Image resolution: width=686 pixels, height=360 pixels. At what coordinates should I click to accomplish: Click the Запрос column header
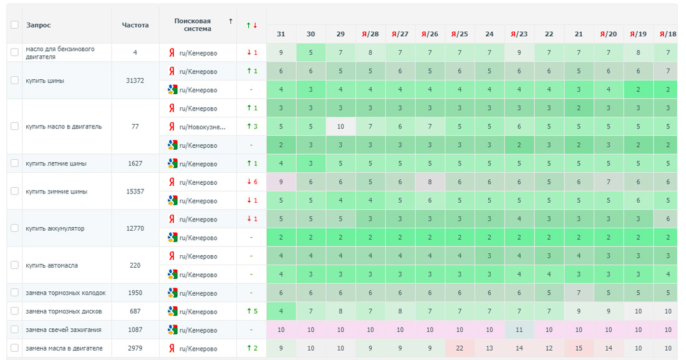click(x=39, y=25)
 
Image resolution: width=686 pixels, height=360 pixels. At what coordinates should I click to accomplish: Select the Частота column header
click(x=135, y=25)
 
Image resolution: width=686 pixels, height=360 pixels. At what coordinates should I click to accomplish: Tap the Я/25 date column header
click(x=460, y=34)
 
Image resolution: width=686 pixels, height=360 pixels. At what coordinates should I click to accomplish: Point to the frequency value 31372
click(x=135, y=80)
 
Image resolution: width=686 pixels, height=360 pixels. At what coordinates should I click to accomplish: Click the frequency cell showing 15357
click(x=135, y=192)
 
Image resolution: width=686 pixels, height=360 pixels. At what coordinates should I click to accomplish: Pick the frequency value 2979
click(x=135, y=348)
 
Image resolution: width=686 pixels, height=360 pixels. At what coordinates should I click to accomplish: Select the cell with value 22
click(x=460, y=348)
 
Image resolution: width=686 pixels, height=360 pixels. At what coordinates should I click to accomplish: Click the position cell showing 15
click(x=579, y=348)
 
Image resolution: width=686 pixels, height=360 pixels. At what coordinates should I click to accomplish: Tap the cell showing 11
click(x=519, y=329)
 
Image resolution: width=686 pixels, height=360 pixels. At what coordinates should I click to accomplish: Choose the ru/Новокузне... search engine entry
click(x=202, y=127)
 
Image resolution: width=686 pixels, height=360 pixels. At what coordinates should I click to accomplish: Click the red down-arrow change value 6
click(x=252, y=182)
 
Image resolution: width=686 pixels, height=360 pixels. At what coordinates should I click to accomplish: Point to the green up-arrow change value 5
click(x=252, y=311)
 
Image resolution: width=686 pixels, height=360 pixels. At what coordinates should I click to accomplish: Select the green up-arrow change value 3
click(x=252, y=127)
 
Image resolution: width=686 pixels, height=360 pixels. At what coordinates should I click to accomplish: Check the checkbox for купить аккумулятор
click(x=15, y=228)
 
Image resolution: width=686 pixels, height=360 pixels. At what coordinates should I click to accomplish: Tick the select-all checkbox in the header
click(x=15, y=25)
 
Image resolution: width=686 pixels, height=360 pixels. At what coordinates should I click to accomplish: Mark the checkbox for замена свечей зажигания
click(x=15, y=329)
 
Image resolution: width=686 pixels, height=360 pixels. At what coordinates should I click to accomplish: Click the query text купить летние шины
click(x=56, y=163)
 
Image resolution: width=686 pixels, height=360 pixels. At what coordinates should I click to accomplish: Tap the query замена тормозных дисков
click(x=64, y=311)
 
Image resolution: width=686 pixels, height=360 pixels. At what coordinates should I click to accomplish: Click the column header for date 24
click(x=490, y=34)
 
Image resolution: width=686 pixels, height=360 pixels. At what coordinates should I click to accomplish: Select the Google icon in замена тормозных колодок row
click(x=173, y=293)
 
